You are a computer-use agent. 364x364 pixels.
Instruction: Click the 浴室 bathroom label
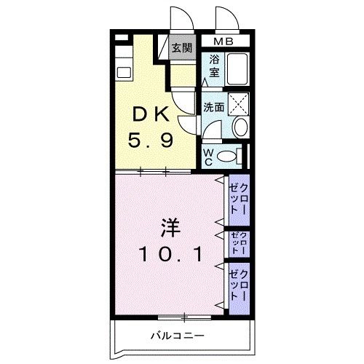point(215,69)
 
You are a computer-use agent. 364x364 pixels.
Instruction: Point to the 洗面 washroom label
point(213,106)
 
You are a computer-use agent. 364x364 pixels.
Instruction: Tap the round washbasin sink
point(240,127)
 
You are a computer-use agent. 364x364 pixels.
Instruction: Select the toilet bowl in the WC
point(229,155)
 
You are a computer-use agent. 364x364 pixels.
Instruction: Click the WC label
point(208,156)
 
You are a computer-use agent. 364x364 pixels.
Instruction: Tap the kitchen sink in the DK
point(122,73)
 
